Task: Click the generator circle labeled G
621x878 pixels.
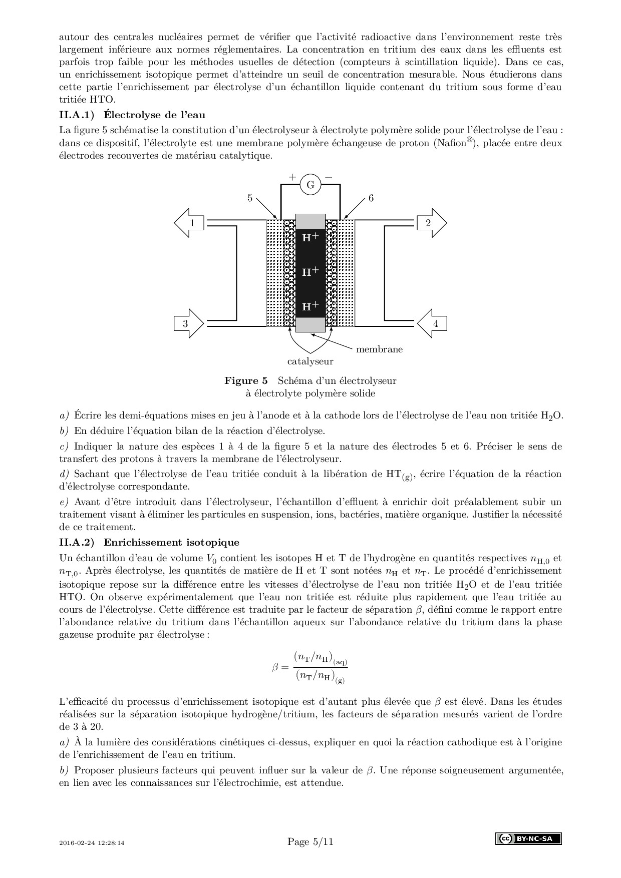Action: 310,185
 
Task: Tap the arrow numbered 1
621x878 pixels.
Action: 190,223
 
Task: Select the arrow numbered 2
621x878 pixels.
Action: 430,223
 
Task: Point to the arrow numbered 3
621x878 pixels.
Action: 188,323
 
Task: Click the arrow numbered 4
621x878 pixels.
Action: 432,323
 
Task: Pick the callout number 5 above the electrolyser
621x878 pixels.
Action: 250,198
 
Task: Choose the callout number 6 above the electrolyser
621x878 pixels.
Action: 371,198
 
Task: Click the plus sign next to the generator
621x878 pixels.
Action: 292,177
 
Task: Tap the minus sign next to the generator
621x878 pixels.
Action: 329,177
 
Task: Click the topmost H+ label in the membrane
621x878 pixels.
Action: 310,238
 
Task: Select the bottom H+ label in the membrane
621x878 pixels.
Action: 310,306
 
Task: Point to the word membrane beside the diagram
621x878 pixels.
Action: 379,349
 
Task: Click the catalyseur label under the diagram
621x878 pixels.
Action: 310,361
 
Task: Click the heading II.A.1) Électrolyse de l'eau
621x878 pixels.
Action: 132,115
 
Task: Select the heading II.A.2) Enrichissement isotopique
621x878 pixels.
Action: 149,543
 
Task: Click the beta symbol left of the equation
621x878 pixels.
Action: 275,667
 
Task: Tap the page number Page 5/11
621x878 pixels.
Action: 310,842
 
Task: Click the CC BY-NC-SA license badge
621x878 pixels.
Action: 528,839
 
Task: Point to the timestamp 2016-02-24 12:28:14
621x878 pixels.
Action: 92,843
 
